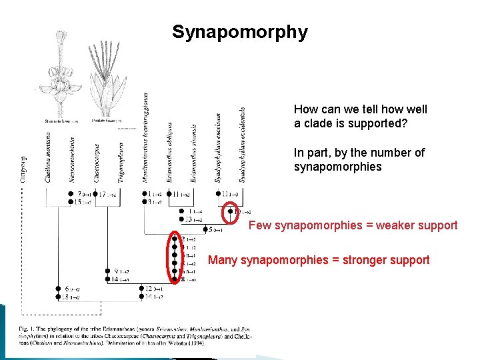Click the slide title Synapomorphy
[x=240, y=32]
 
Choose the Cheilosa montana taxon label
[x=49, y=158]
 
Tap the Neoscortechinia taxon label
[x=71, y=159]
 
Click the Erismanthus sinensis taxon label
[x=194, y=153]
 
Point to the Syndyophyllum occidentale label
[x=243, y=144]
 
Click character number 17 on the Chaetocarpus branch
[x=102, y=195]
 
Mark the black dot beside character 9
[x=107, y=271]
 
